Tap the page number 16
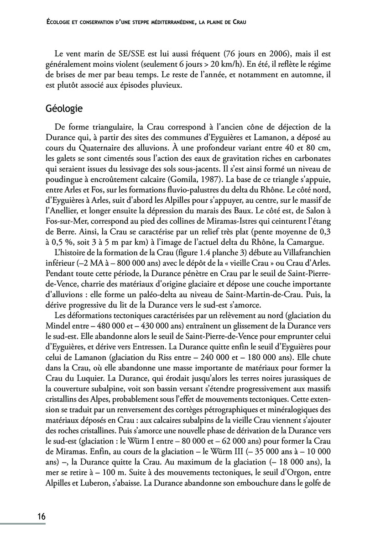click(41, 516)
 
